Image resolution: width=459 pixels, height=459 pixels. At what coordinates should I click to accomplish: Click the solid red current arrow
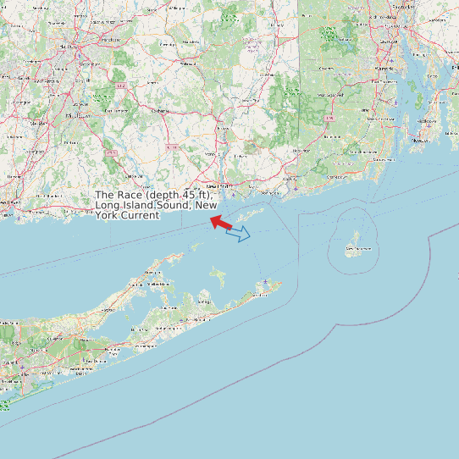coord(221,223)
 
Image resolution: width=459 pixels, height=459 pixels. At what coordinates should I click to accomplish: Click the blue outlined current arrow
coord(239,233)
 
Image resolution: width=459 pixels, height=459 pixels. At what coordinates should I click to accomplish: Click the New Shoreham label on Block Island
coord(357,249)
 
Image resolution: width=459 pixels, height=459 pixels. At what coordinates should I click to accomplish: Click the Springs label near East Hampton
coord(204,301)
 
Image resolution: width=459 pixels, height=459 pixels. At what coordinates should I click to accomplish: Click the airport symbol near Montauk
coord(266,282)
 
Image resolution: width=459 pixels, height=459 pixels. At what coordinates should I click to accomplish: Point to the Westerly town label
coord(290,180)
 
